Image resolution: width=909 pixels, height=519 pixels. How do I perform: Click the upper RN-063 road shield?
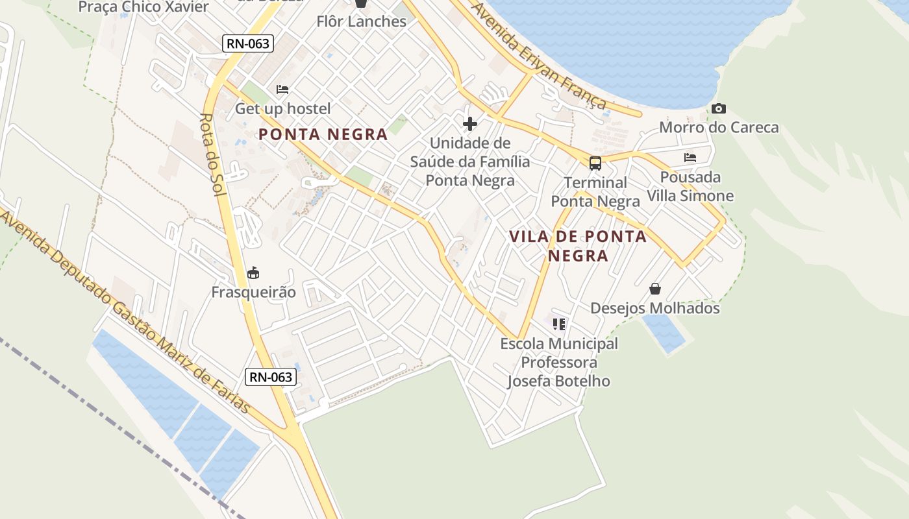(248, 43)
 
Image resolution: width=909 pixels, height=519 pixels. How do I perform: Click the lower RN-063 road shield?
(271, 377)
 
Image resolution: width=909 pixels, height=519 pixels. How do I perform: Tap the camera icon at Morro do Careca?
(718, 108)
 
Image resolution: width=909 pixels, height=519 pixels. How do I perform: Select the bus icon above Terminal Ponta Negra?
(595, 163)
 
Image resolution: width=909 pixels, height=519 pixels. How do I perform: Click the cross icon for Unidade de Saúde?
(470, 123)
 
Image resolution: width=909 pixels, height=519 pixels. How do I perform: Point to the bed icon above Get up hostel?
(282, 89)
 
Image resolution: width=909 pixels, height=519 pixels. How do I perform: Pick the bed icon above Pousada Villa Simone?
(690, 157)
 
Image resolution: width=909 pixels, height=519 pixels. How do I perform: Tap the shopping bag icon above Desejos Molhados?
(654, 288)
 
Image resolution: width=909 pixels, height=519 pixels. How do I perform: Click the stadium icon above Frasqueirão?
(253, 272)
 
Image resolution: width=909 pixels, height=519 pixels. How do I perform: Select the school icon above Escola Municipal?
(558, 323)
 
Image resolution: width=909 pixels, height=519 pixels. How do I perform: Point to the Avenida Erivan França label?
(538, 55)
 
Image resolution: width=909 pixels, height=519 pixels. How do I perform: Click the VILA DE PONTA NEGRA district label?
(578, 245)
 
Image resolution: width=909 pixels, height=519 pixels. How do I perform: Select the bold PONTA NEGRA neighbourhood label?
(323, 134)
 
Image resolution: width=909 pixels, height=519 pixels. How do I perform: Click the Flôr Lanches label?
(361, 21)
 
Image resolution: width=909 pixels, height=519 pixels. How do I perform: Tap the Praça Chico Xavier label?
(143, 7)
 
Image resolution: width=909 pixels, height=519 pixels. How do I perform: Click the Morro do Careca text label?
(719, 127)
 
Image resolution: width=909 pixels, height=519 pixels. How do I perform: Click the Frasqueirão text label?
(253, 292)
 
